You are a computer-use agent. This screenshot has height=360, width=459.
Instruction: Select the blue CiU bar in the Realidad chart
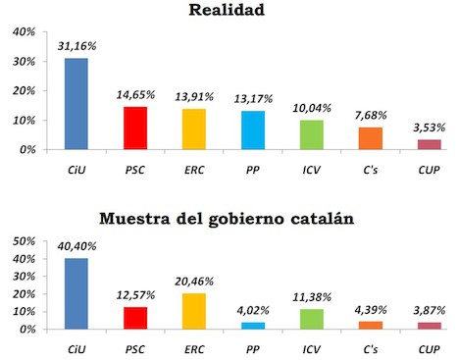pyautogui.click(x=76, y=104)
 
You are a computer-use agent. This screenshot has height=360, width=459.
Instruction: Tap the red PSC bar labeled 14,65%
pyautogui.click(x=135, y=128)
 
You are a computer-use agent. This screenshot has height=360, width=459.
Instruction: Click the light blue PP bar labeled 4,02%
pyautogui.click(x=253, y=325)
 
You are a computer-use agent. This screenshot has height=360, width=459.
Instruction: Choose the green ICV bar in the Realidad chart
pyautogui.click(x=312, y=134)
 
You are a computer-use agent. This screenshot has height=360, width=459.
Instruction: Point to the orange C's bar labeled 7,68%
pyautogui.click(x=371, y=138)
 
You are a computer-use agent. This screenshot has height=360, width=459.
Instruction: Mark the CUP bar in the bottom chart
pyautogui.click(x=430, y=325)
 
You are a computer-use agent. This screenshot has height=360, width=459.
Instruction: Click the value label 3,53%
pyautogui.click(x=430, y=129)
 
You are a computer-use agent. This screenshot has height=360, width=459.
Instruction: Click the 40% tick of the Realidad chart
pyautogui.click(x=25, y=32)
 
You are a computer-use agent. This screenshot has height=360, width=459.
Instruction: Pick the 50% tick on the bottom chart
pyautogui.click(x=25, y=240)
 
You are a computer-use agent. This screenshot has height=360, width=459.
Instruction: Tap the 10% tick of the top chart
pyautogui.click(x=25, y=121)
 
